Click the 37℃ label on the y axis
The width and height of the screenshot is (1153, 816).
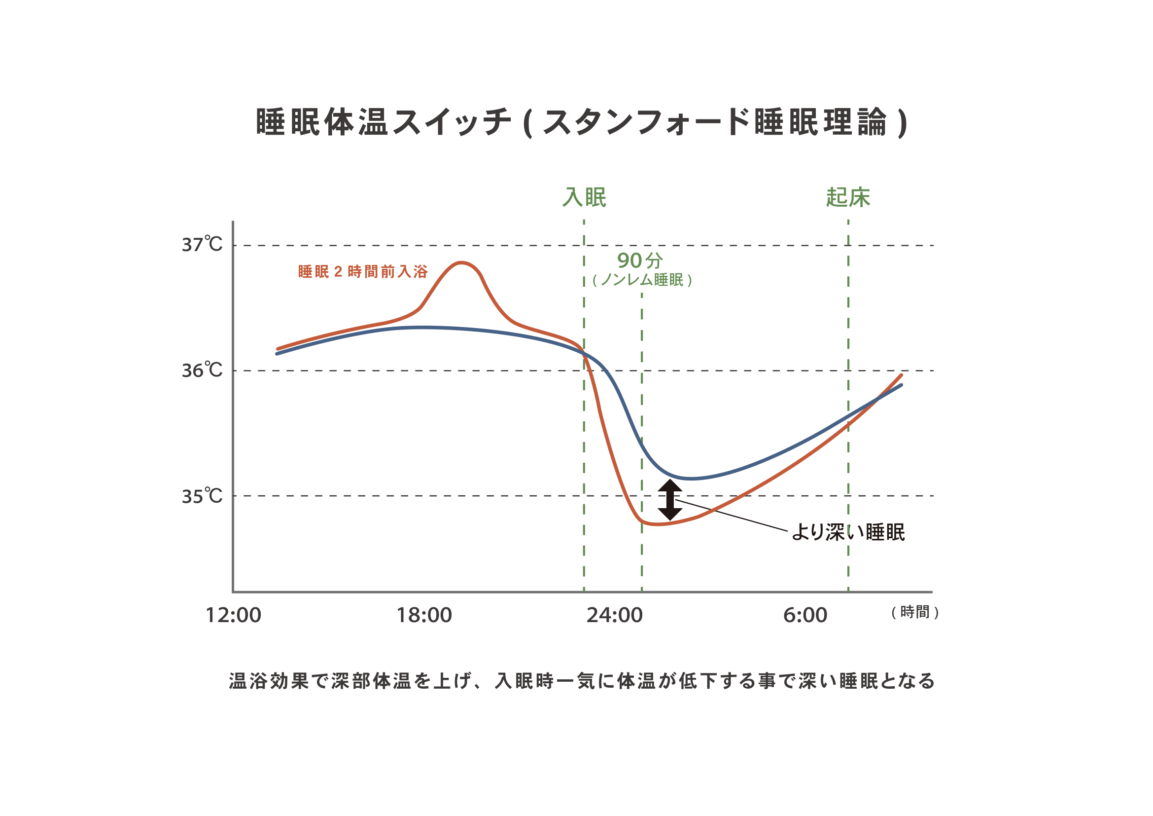pyautogui.click(x=202, y=245)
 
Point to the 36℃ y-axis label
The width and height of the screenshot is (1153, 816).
pyautogui.click(x=202, y=371)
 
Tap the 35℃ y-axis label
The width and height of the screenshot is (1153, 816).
pyautogui.click(x=202, y=496)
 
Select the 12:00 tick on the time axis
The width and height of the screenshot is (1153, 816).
pyautogui.click(x=234, y=615)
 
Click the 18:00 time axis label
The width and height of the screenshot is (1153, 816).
pyautogui.click(x=424, y=615)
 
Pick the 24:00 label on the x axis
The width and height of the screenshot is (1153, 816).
pyautogui.click(x=615, y=615)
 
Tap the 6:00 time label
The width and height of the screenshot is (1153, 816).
pyautogui.click(x=805, y=615)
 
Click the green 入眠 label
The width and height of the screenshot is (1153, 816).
pyautogui.click(x=584, y=197)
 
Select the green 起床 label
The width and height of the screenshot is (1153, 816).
pyautogui.click(x=848, y=197)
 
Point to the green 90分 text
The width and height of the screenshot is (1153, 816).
pyautogui.click(x=640, y=260)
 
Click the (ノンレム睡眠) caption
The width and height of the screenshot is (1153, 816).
pyautogui.click(x=642, y=280)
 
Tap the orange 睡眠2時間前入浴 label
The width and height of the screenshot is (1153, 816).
pyautogui.click(x=363, y=272)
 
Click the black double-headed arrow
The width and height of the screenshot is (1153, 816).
pyautogui.click(x=670, y=500)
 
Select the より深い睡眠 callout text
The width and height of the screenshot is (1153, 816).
pyautogui.click(x=848, y=532)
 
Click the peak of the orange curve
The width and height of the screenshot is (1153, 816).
pyautogui.click(x=461, y=263)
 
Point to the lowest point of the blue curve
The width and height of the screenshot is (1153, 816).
pyautogui.click(x=692, y=479)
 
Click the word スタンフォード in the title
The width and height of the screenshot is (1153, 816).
pyautogui.click(x=646, y=122)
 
